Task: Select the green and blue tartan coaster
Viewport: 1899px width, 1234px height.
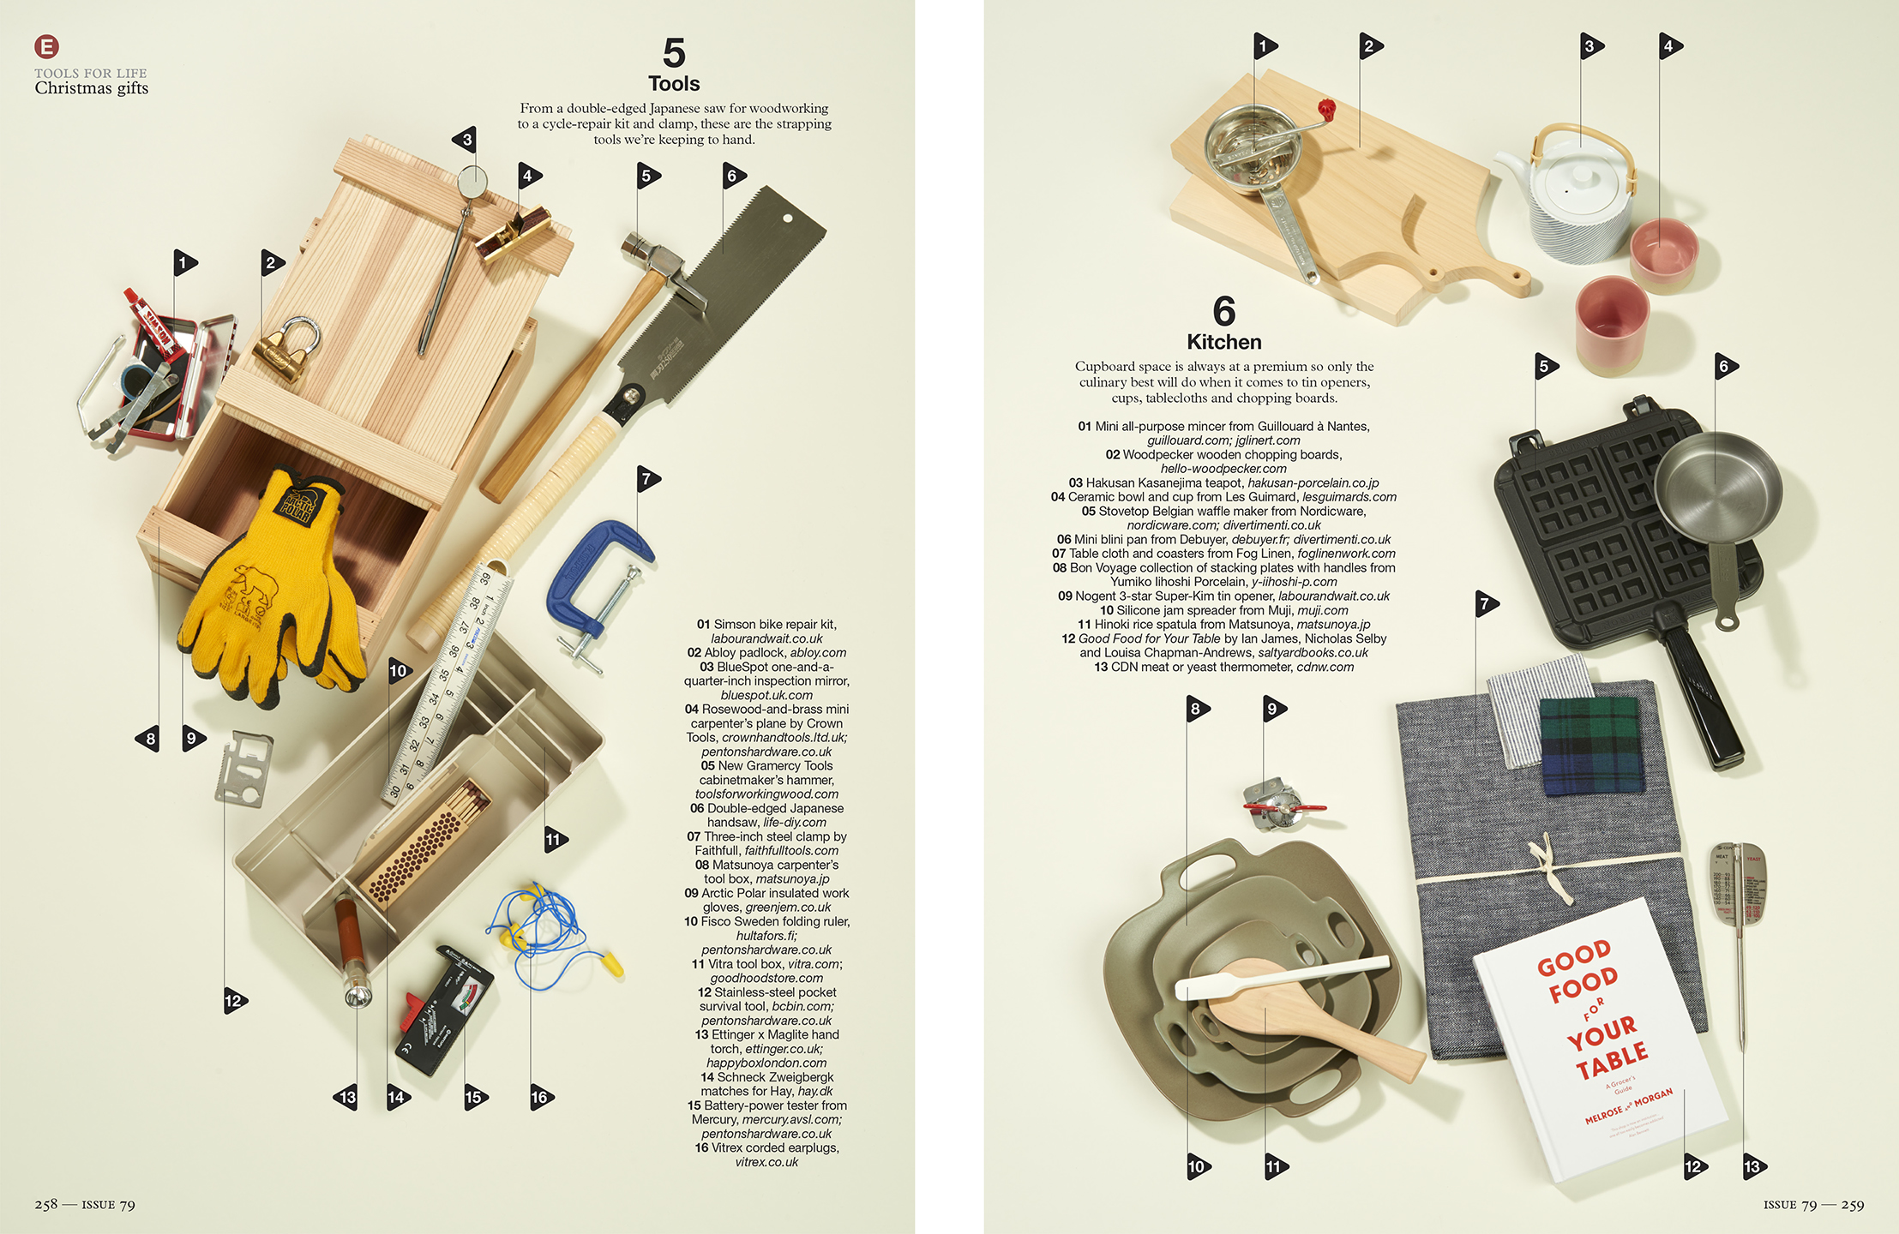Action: [x=1589, y=745]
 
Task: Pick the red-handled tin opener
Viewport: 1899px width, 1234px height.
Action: [x=1279, y=806]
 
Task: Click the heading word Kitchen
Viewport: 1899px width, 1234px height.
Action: [x=1223, y=342]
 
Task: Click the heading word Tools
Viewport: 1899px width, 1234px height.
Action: [x=674, y=84]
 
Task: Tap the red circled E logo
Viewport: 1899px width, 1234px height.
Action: [x=46, y=46]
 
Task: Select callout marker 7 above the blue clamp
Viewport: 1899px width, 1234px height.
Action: [x=648, y=479]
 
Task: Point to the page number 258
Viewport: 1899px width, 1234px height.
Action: [x=46, y=1205]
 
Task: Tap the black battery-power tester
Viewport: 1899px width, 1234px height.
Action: [x=444, y=1011]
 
